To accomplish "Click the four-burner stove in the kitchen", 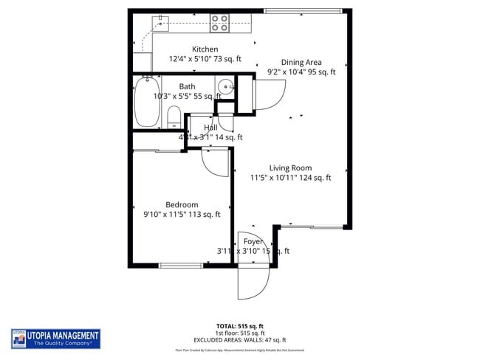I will pyautogui.click(x=219, y=24).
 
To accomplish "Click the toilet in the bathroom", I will pyautogui.click(x=174, y=116).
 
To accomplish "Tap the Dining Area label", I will pyautogui.click(x=301, y=63).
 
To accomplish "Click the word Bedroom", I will pyautogui.click(x=182, y=204).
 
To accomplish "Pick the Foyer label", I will pyautogui.click(x=253, y=241).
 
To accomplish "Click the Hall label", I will pyautogui.click(x=210, y=128).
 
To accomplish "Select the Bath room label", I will pyautogui.click(x=187, y=86).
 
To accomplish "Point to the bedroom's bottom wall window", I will pyautogui.click(x=181, y=265).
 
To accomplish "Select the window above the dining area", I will pyautogui.click(x=303, y=11).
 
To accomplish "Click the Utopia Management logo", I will pyautogui.click(x=55, y=339).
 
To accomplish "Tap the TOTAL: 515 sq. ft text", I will pyautogui.click(x=239, y=325).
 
